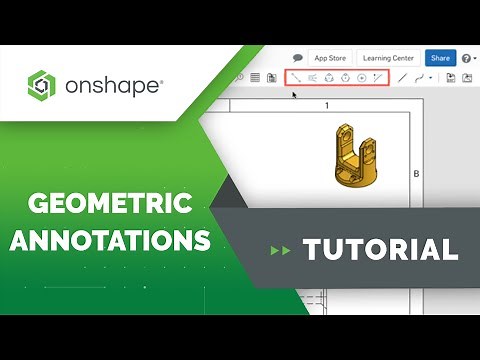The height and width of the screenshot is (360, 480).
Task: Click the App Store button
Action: [330, 58]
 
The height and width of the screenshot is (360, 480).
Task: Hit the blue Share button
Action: [440, 58]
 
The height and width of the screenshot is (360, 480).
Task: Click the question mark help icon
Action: [467, 59]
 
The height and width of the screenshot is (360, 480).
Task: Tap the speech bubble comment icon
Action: [298, 58]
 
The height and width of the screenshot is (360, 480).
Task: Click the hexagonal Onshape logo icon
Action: [43, 85]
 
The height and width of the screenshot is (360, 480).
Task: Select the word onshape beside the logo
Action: [112, 85]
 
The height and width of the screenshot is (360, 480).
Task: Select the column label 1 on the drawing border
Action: [327, 105]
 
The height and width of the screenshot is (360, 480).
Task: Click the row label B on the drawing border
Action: [416, 172]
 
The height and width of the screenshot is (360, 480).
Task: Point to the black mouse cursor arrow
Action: [294, 96]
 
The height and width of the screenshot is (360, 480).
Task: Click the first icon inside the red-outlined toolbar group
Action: [296, 77]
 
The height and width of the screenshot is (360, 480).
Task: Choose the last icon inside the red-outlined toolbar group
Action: [377, 77]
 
